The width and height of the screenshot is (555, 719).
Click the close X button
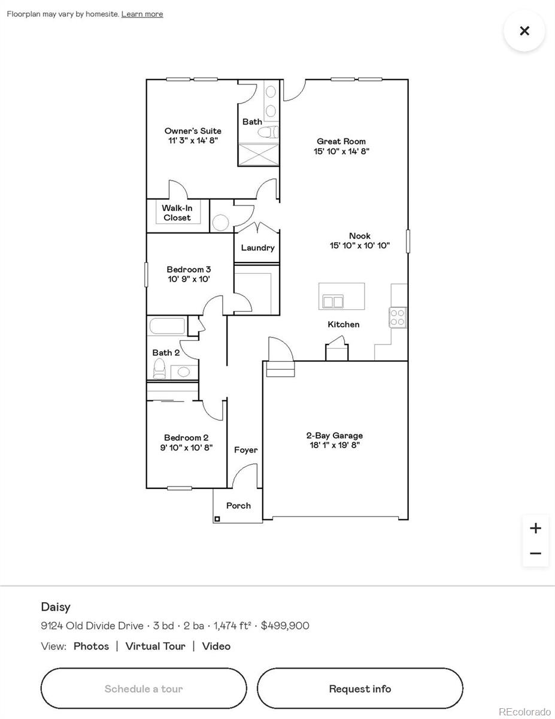(524, 31)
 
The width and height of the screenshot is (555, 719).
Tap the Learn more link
(142, 14)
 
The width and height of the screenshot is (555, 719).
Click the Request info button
(360, 688)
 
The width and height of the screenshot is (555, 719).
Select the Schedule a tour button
(144, 688)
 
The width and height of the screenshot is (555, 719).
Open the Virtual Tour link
(156, 646)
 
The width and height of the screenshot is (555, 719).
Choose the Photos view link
(91, 646)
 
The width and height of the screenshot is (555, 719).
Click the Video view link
(216, 646)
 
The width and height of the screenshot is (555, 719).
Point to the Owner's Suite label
(193, 131)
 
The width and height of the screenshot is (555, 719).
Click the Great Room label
(341, 142)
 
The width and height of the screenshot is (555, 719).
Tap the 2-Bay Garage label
(335, 436)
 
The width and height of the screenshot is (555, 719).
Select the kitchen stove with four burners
(398, 317)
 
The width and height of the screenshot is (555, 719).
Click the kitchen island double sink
(333, 301)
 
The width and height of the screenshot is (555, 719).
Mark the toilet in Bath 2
(159, 368)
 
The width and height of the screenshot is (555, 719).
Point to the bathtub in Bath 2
(167, 327)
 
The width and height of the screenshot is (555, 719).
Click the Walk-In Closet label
(177, 213)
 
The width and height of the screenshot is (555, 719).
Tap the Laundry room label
(257, 248)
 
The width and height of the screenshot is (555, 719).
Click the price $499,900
(285, 626)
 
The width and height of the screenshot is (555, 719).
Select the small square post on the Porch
(217, 519)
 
